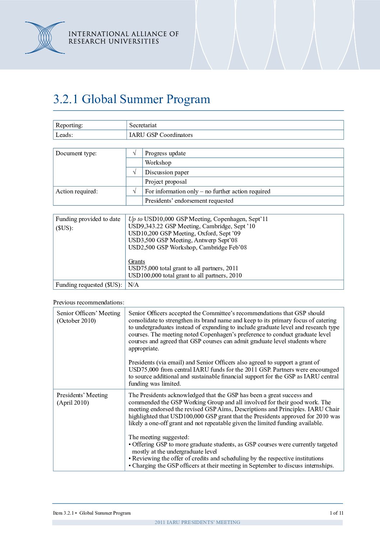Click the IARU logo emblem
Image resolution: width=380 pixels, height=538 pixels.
45,38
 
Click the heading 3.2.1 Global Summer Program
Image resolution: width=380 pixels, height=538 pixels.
131,99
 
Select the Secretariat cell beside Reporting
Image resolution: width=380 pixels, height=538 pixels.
143,125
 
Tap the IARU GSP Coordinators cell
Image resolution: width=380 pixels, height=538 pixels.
161,135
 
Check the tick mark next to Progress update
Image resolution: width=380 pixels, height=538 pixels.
134,153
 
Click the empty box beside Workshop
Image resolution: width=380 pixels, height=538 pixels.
134,162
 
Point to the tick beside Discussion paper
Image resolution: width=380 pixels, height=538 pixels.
134,172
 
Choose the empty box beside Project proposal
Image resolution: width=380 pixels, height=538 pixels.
134,181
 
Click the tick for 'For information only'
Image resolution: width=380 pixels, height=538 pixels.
134,191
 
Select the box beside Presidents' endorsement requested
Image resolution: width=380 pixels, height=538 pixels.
134,201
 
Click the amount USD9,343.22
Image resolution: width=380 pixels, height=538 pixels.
145,226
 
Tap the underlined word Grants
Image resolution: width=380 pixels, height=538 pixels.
136,261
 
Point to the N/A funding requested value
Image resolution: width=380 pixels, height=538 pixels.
133,285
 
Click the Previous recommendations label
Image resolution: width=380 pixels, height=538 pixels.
89,302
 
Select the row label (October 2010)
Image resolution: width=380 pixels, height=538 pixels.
76,321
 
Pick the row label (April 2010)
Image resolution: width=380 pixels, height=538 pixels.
73,403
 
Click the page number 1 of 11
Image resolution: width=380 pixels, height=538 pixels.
337,513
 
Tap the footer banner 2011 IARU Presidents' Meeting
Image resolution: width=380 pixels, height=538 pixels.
197,522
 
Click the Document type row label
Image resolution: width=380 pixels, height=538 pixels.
76,153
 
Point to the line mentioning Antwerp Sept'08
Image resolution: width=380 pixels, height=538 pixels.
183,240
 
